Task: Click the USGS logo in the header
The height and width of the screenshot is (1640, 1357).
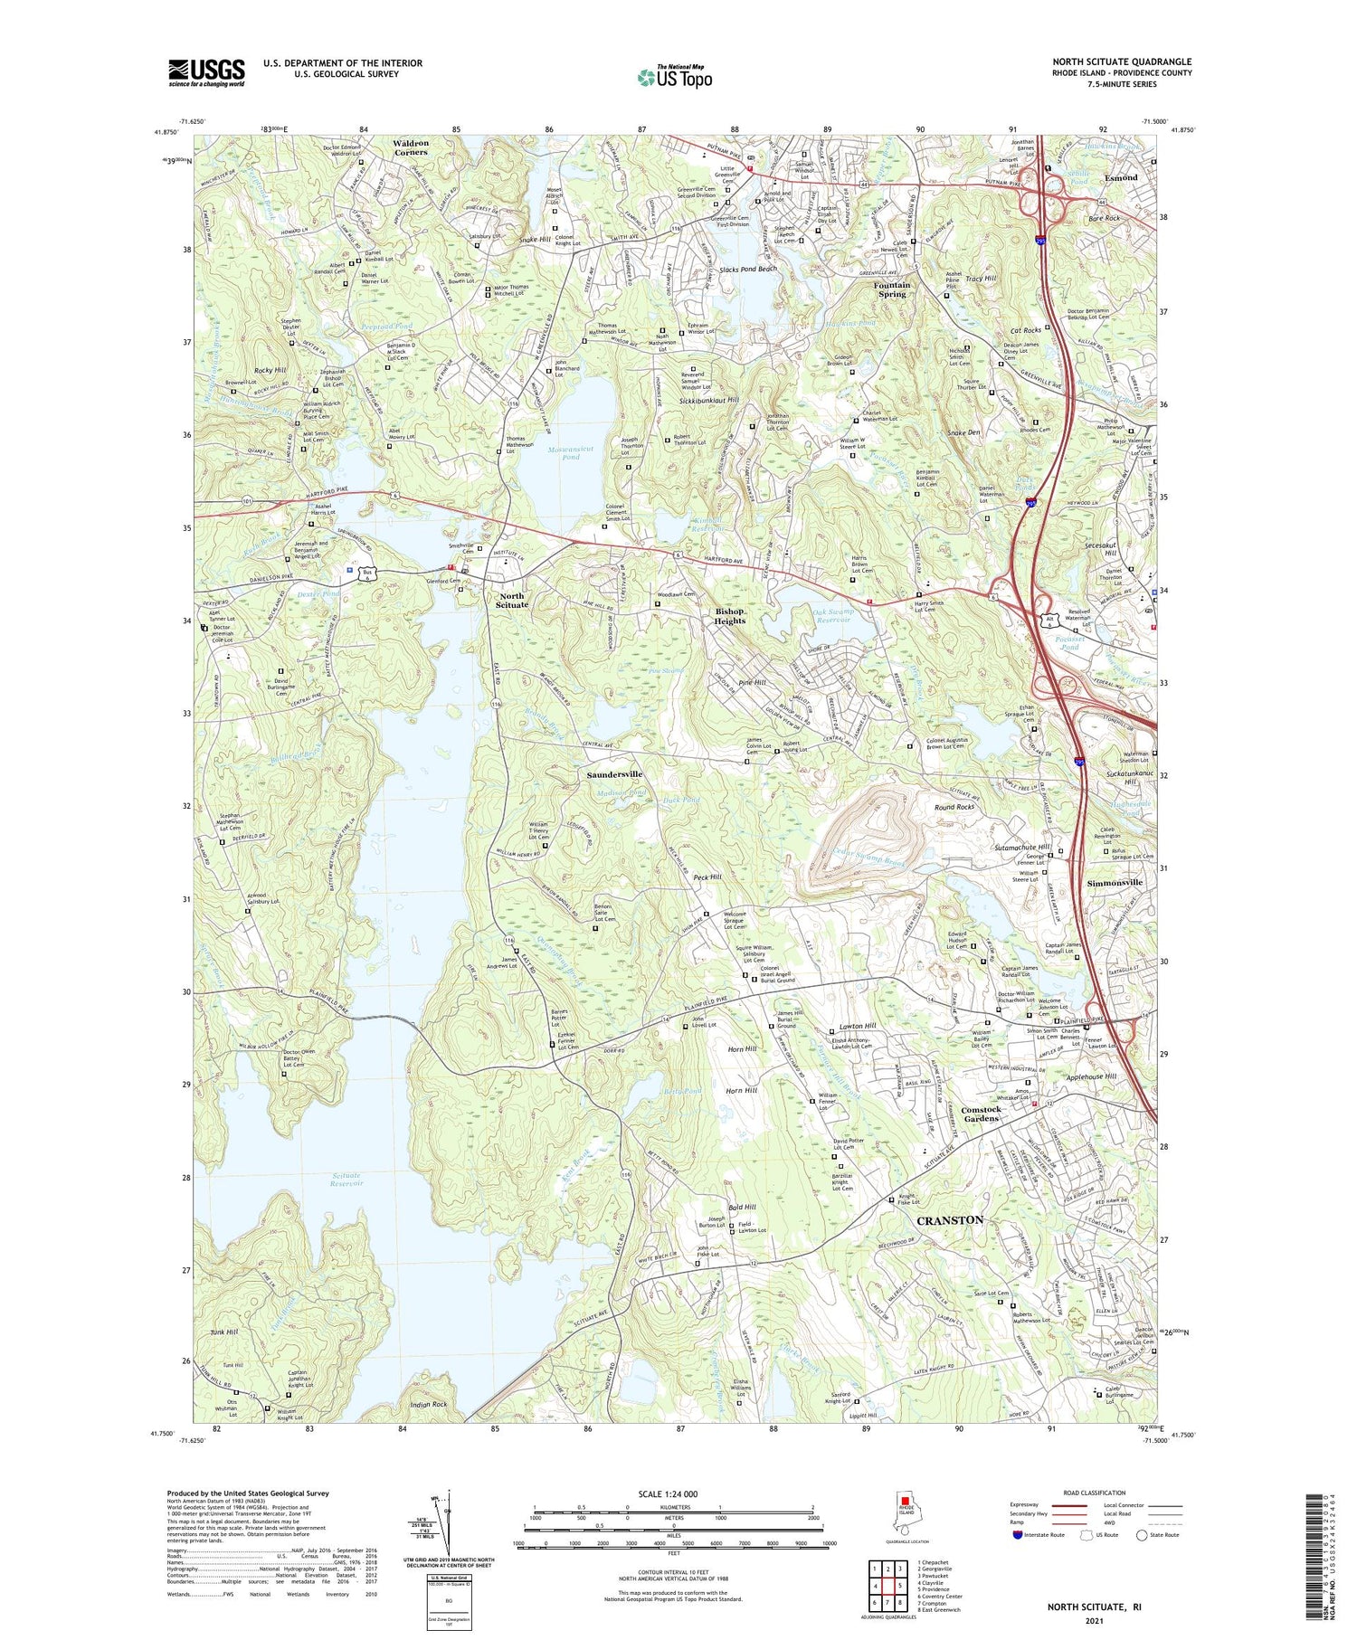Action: (x=206, y=72)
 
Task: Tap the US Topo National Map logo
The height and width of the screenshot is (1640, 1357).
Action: (x=674, y=76)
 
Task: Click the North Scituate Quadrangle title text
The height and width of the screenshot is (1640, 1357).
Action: (x=1121, y=62)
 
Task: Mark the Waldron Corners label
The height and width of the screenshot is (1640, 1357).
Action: (x=411, y=147)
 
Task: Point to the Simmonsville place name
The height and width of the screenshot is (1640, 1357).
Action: (x=1115, y=882)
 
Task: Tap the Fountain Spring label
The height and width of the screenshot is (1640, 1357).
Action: (x=892, y=289)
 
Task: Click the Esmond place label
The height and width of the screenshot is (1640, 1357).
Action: (x=1120, y=177)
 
